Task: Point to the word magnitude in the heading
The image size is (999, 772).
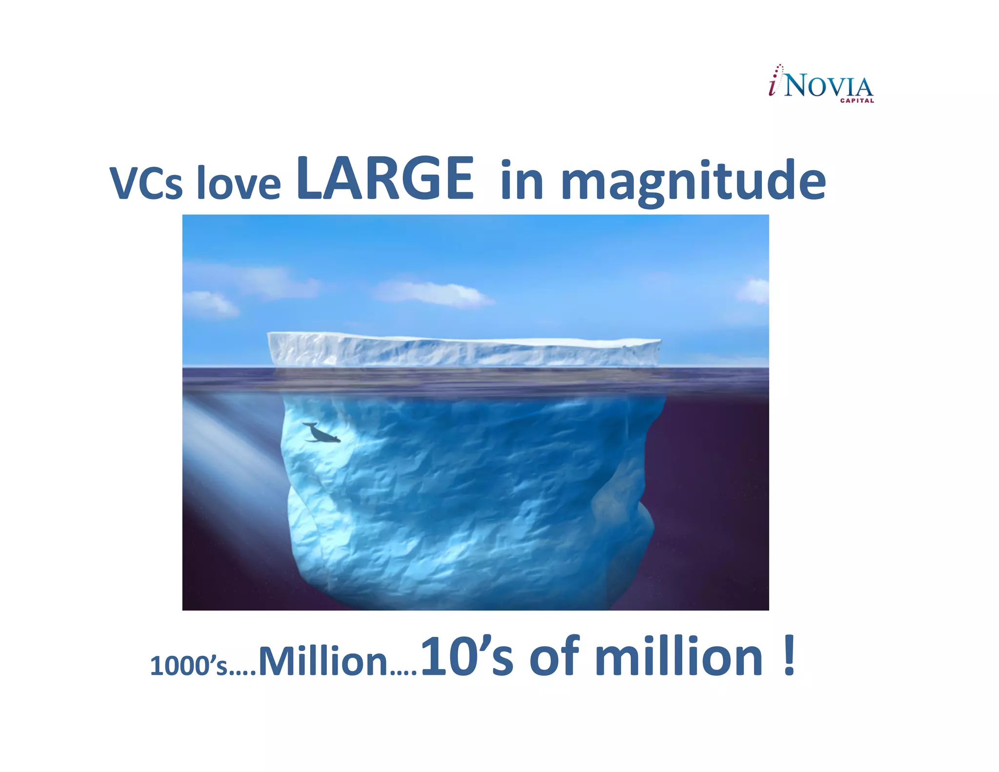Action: (x=693, y=182)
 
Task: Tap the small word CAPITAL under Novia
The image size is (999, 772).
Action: (x=857, y=101)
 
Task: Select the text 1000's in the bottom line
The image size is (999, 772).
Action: (x=188, y=666)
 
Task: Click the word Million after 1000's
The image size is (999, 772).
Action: (x=322, y=662)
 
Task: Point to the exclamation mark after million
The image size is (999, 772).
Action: (x=789, y=656)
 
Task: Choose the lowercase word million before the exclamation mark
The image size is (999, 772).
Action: (x=679, y=658)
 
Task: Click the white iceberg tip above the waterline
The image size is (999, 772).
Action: (x=463, y=350)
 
